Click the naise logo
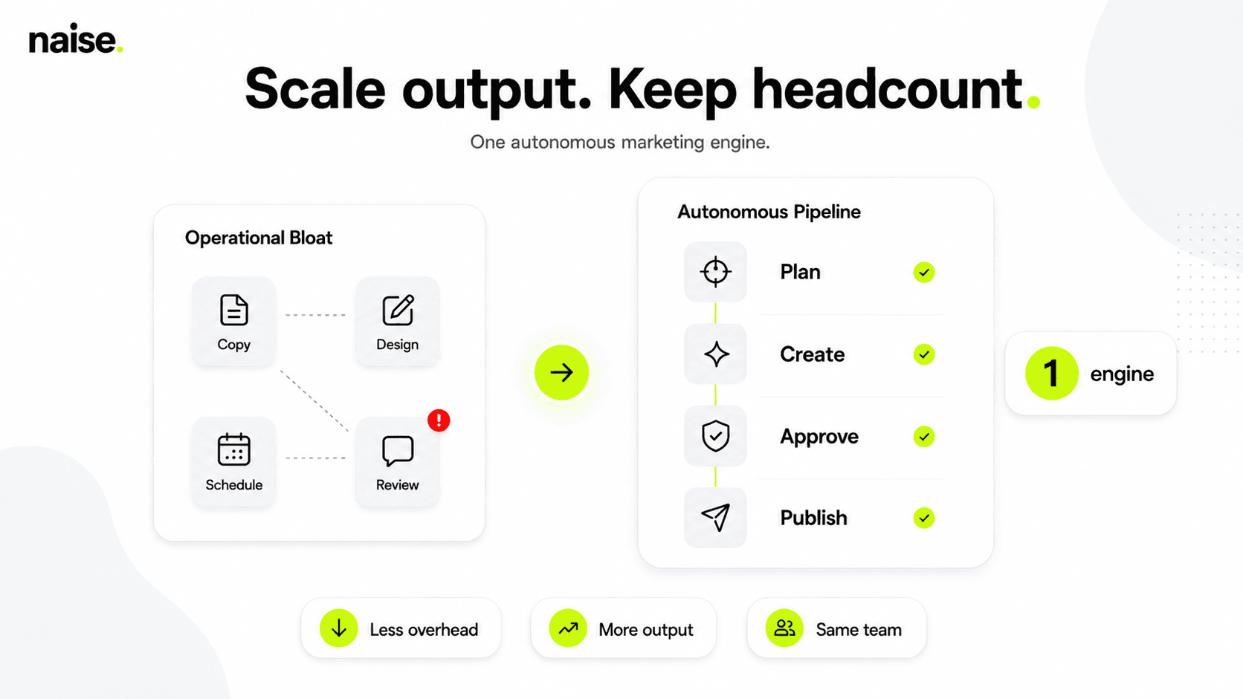click(76, 39)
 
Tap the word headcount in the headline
click(887, 88)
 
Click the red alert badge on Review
click(439, 420)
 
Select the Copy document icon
click(233, 309)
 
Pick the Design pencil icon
click(398, 309)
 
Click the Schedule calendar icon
click(233, 449)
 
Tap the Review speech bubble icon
click(398, 450)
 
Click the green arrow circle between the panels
click(561, 372)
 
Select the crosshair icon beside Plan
click(715, 272)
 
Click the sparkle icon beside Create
click(716, 354)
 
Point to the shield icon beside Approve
click(715, 436)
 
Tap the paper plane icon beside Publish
click(716, 518)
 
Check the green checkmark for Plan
click(924, 272)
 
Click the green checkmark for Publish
click(924, 518)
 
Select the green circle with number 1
click(1051, 373)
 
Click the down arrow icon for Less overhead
click(338, 628)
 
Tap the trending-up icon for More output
click(568, 628)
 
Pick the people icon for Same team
click(784, 628)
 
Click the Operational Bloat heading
click(259, 238)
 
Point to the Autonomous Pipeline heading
click(769, 212)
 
